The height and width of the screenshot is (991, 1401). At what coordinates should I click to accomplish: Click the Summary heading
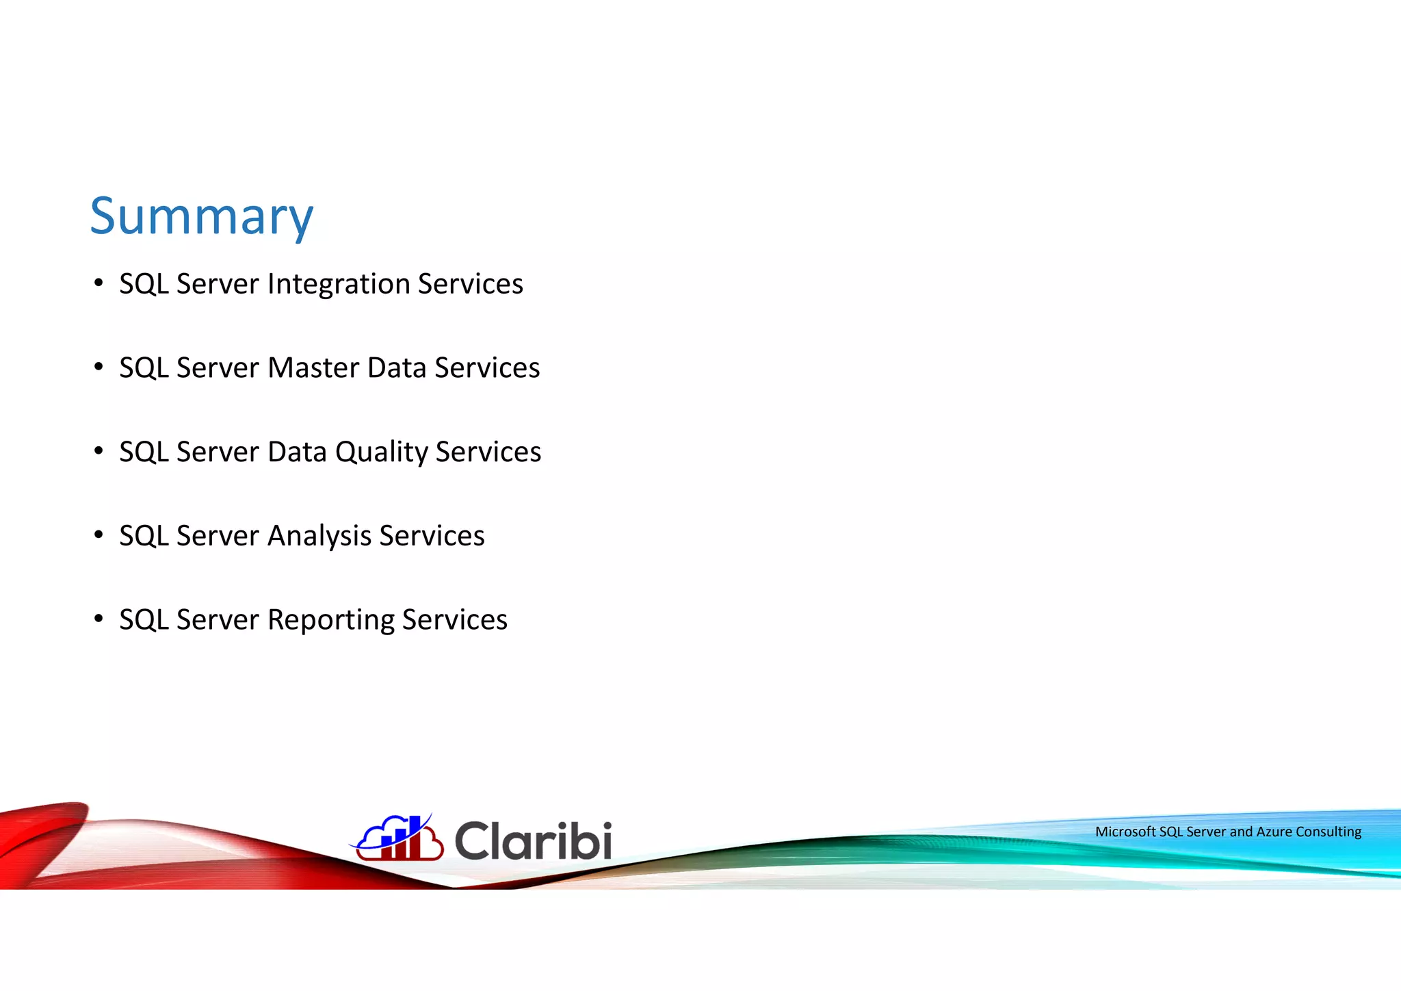tap(201, 216)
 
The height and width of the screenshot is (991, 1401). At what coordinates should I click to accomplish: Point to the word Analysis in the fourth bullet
tap(319, 536)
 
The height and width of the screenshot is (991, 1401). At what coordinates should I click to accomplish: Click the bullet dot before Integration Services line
tap(99, 283)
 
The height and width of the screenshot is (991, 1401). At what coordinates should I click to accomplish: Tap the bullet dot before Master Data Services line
tap(99, 367)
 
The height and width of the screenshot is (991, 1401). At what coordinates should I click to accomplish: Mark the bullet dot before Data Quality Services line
tap(99, 451)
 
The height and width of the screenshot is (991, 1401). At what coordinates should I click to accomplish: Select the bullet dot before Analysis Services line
tap(99, 535)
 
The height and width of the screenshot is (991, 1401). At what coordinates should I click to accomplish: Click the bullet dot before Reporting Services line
tap(99, 619)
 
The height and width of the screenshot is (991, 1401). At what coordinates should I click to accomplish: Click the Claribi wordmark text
tap(533, 841)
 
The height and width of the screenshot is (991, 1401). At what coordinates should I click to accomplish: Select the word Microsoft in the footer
tap(1125, 832)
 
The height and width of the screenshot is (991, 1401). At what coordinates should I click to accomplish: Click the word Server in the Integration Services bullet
tap(218, 284)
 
